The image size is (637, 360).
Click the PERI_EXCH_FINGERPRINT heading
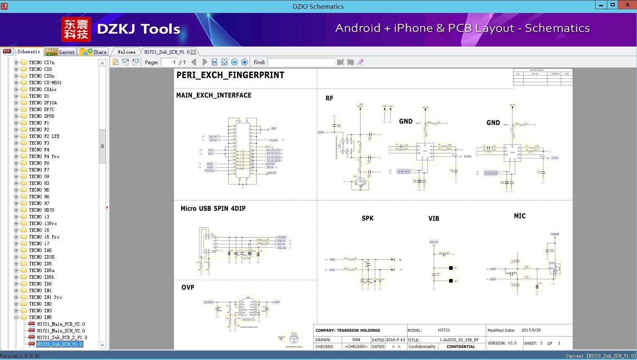(x=230, y=75)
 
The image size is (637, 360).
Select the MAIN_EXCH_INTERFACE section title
(x=214, y=96)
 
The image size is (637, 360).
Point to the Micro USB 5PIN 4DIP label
(x=213, y=209)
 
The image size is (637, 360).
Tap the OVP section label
(x=188, y=287)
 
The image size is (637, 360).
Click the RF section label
(x=329, y=98)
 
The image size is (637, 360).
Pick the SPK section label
(x=367, y=218)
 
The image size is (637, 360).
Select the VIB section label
(x=433, y=219)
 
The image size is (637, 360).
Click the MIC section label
(x=519, y=216)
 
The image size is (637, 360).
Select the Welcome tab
(x=126, y=52)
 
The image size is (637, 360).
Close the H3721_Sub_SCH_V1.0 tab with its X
(x=193, y=52)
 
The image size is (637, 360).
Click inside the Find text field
(x=301, y=62)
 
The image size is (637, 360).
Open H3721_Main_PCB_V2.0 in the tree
(x=60, y=324)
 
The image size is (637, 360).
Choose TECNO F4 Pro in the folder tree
(x=44, y=156)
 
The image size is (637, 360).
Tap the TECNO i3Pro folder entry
(x=43, y=223)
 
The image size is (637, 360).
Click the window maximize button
(x=613, y=5)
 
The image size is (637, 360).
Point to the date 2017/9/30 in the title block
(x=531, y=330)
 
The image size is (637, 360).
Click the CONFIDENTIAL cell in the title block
(x=461, y=347)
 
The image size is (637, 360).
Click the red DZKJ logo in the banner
(x=76, y=29)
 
